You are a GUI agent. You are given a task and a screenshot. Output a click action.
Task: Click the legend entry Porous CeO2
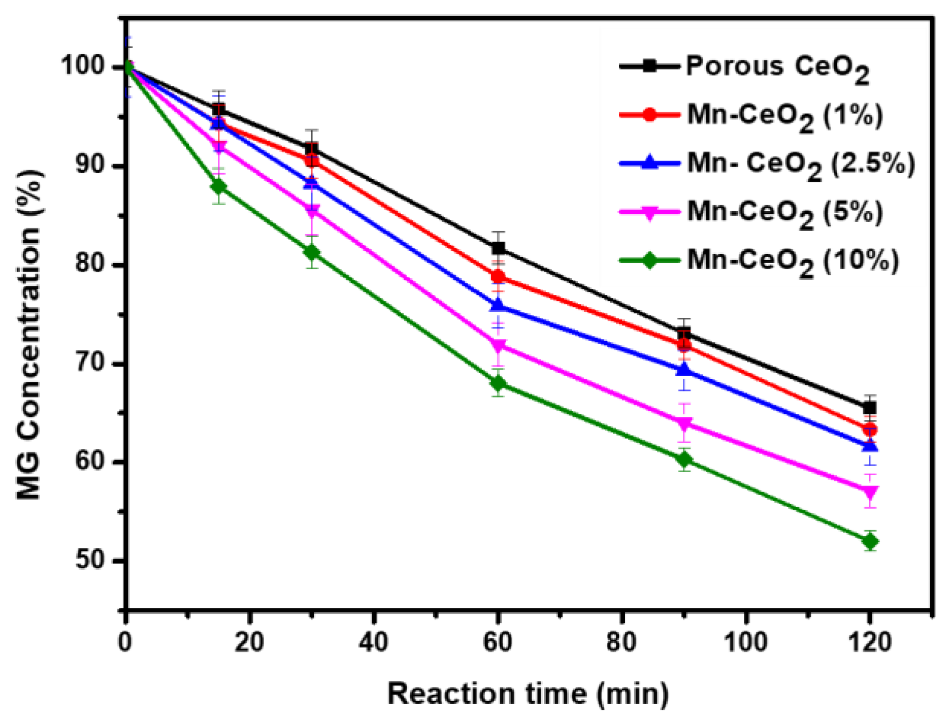[777, 68]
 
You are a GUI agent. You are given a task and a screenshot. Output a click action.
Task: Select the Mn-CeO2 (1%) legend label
[784, 116]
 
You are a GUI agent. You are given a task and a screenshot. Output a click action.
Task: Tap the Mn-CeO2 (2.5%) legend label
[801, 164]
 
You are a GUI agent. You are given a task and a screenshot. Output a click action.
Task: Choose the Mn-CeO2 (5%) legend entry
[784, 212]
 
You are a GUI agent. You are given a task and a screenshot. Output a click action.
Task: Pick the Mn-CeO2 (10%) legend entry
[792, 260]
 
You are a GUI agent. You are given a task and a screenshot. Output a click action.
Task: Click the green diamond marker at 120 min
[870, 542]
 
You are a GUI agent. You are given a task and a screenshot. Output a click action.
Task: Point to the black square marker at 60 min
[498, 248]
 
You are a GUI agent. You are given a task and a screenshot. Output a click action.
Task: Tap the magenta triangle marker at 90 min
[684, 423]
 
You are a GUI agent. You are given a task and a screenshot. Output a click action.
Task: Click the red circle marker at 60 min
[498, 277]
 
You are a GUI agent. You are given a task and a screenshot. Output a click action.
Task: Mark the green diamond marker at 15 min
[219, 186]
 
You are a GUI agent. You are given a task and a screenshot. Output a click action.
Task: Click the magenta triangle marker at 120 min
[870, 492]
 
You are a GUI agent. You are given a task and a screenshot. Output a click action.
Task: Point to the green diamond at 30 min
[312, 252]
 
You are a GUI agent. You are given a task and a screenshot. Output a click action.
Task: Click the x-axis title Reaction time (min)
[528, 694]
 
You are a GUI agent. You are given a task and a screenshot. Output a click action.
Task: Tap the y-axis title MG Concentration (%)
[29, 335]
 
